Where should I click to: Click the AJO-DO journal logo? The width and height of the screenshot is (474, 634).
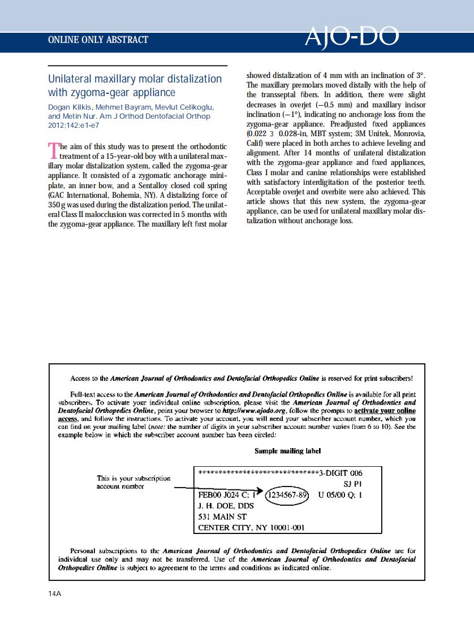click(352, 37)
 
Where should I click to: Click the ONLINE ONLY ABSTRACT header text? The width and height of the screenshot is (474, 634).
click(98, 40)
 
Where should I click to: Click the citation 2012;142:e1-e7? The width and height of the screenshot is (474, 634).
click(73, 125)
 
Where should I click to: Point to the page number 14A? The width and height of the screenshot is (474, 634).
click(55, 593)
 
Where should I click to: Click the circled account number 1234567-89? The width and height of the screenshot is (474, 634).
click(287, 495)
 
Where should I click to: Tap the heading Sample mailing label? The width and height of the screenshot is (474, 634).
click(287, 451)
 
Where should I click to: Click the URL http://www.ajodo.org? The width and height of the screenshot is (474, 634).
click(254, 410)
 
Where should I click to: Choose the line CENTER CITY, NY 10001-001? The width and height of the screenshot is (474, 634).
click(251, 528)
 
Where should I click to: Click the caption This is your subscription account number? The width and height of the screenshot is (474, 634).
click(133, 482)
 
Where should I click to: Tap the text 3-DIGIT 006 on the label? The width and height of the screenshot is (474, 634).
click(341, 473)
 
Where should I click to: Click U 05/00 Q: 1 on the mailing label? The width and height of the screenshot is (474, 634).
click(340, 495)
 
